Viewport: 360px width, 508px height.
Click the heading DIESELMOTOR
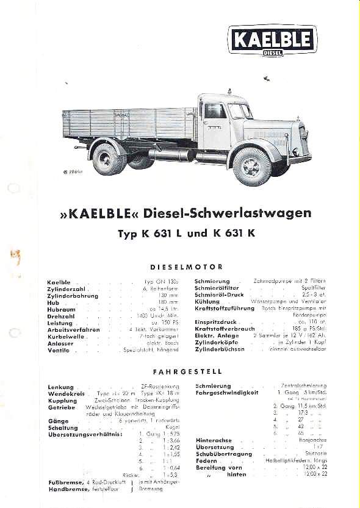(x=186, y=267)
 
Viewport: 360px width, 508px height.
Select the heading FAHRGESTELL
(x=187, y=371)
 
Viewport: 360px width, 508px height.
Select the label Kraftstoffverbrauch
(x=225, y=328)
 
